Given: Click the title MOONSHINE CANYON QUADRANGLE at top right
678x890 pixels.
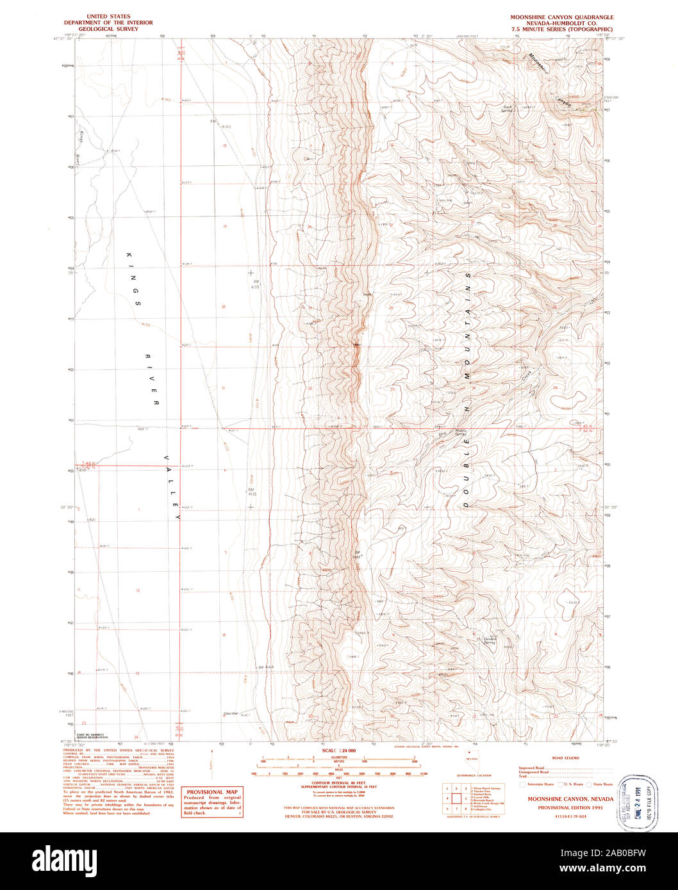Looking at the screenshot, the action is pyautogui.click(x=561, y=17).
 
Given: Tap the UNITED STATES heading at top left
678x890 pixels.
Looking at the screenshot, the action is pyautogui.click(x=108, y=17).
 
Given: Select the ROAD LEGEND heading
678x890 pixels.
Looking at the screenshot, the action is pyautogui.click(x=565, y=757).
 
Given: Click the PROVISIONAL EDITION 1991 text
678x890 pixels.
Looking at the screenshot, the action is pyautogui.click(x=561, y=809).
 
